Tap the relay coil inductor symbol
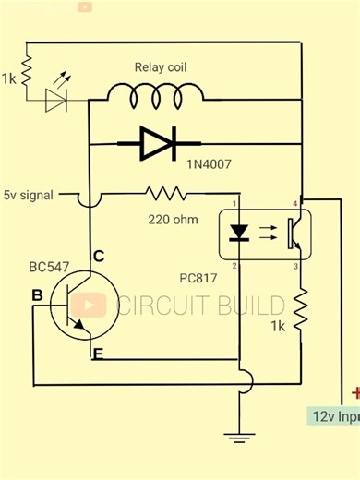[156, 92]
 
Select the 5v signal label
[29, 196]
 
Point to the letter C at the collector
[98, 256]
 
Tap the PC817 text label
[198, 277]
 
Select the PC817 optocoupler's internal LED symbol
[240, 230]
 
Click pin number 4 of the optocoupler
[295, 203]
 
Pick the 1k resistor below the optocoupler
[301, 311]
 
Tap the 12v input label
[333, 415]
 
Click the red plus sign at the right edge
[354, 393]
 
